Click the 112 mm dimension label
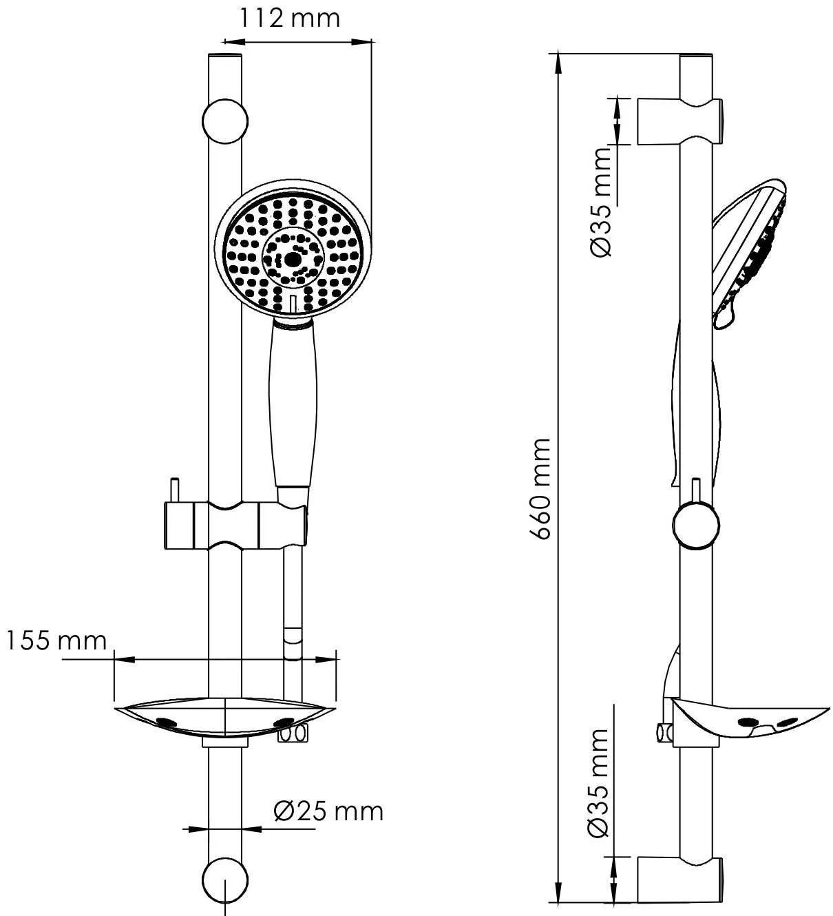point(291,19)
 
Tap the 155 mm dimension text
point(56,641)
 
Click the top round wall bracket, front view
point(224,122)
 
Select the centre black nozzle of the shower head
point(292,260)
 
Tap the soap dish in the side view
point(750,722)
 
